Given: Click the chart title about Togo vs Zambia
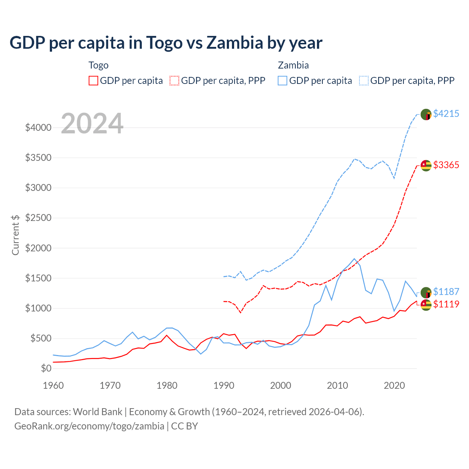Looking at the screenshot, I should click(166, 43).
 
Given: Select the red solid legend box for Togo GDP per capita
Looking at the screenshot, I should click(93, 81).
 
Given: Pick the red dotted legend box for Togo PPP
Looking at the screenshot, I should click(174, 81).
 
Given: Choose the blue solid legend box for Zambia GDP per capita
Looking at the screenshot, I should click(282, 81).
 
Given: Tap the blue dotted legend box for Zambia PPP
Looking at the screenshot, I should click(364, 81).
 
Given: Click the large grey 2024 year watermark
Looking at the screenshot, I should click(92, 123).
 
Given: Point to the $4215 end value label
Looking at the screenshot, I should click(446, 114).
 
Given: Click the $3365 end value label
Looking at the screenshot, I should click(446, 165).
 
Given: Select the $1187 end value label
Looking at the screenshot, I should click(446, 292).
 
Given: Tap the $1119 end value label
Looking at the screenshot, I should click(446, 304).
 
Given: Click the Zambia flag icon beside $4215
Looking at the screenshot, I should click(426, 114).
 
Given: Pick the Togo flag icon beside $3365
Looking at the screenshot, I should click(426, 166).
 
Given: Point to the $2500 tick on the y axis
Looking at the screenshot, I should click(38, 218).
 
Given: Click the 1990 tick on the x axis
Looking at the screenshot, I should click(224, 385).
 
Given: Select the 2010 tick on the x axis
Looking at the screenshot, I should click(337, 385).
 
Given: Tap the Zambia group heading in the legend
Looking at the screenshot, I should click(293, 65).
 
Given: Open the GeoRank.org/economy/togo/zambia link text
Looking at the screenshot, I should click(89, 426).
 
